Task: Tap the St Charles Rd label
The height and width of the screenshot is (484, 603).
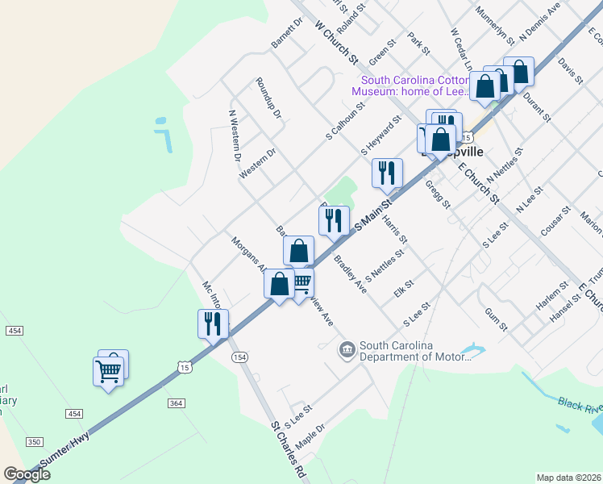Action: click(x=289, y=449)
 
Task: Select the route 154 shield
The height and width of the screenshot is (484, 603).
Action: click(x=240, y=357)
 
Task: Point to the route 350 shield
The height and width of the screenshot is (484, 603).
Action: click(x=34, y=442)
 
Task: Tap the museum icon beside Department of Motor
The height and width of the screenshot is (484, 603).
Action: click(x=347, y=349)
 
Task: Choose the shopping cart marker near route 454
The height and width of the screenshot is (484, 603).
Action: click(x=109, y=372)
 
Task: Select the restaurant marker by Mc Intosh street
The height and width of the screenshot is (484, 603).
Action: click(x=212, y=323)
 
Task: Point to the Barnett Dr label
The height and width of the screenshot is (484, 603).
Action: click(x=285, y=32)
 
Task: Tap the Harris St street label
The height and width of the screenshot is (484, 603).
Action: click(x=395, y=229)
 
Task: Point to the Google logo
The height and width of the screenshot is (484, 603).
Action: click(x=27, y=474)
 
